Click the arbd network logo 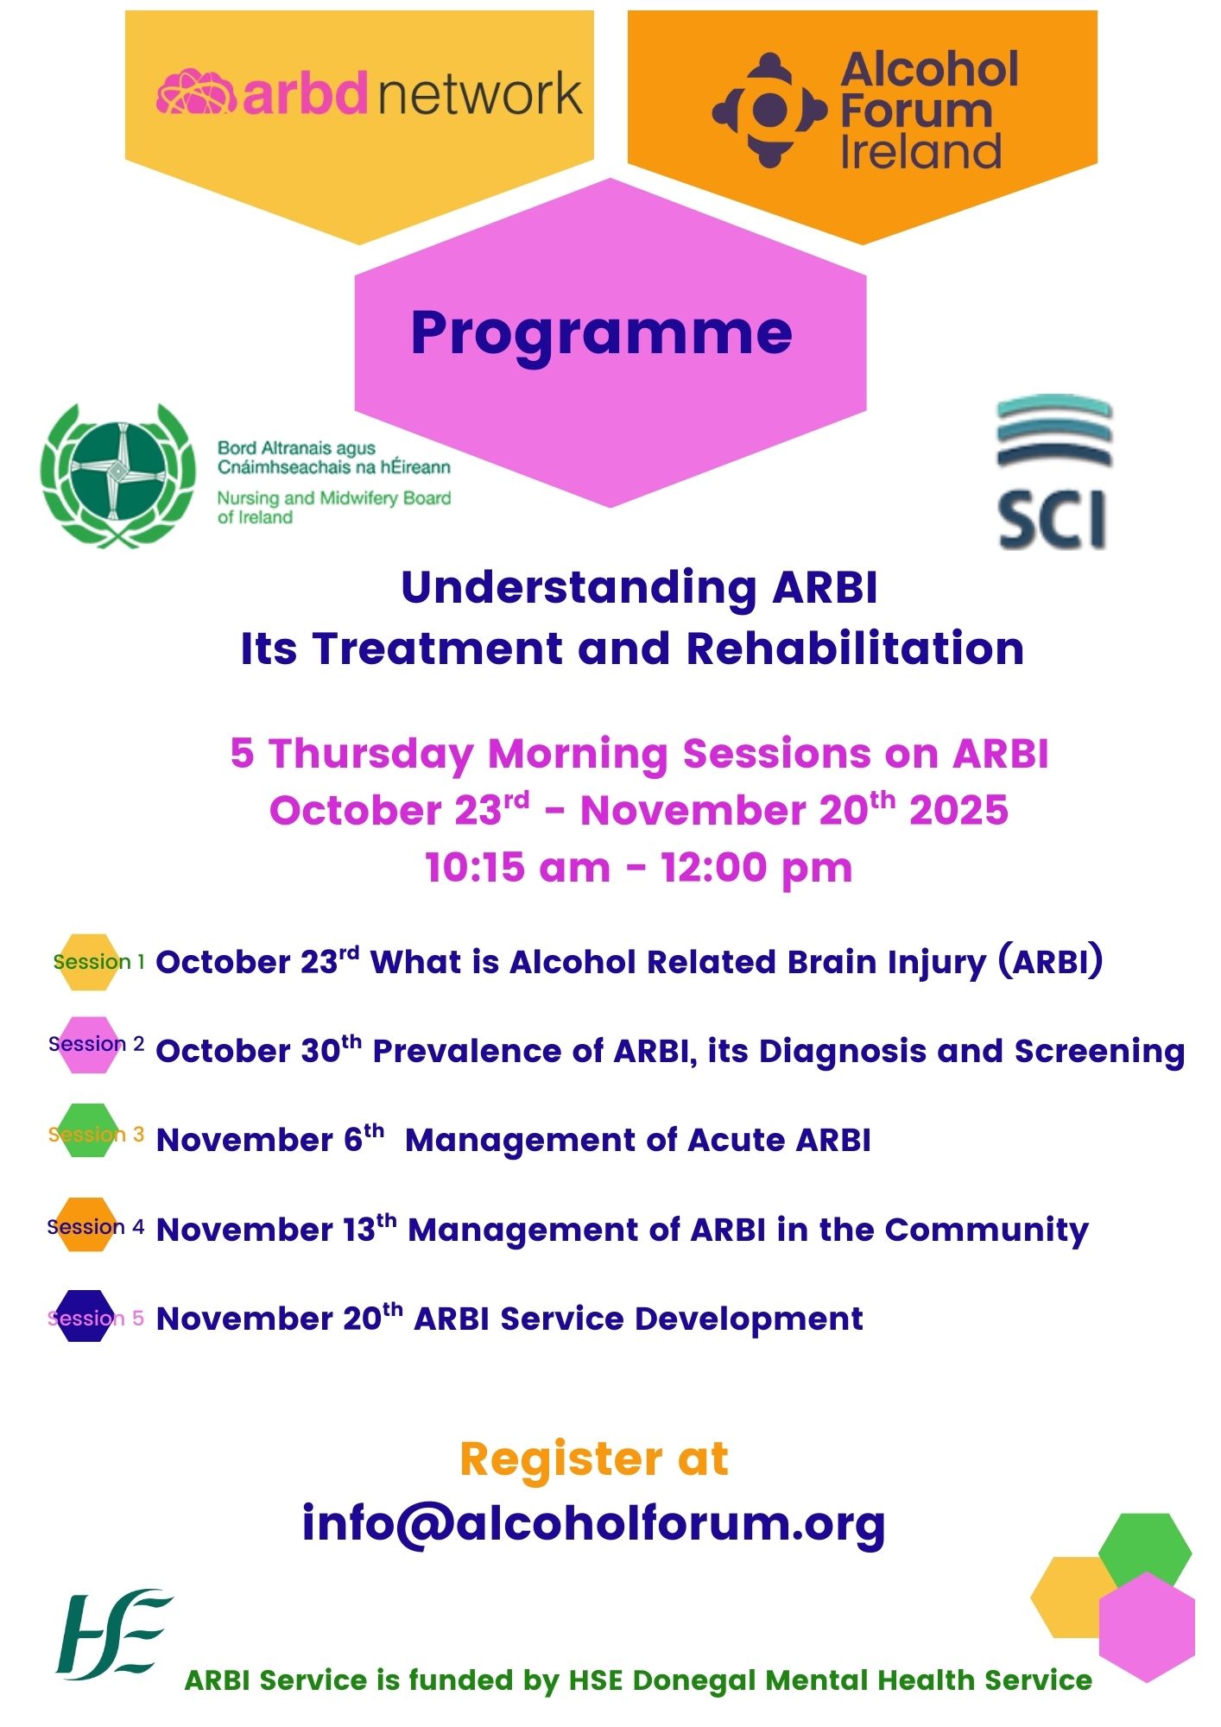(x=370, y=92)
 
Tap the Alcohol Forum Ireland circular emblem (x=769, y=110)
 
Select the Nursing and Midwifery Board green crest (x=118, y=475)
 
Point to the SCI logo (x=1053, y=472)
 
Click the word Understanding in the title (x=579, y=588)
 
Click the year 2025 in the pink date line (x=958, y=811)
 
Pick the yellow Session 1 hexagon (x=85, y=961)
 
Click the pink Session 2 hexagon (x=85, y=1044)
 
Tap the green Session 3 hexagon (x=85, y=1130)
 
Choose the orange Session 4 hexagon (x=85, y=1224)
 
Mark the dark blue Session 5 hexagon (x=84, y=1316)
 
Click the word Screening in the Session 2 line (x=1099, y=1052)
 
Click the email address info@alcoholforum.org (x=593, y=1523)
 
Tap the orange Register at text (x=594, y=1459)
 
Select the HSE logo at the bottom (x=113, y=1634)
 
